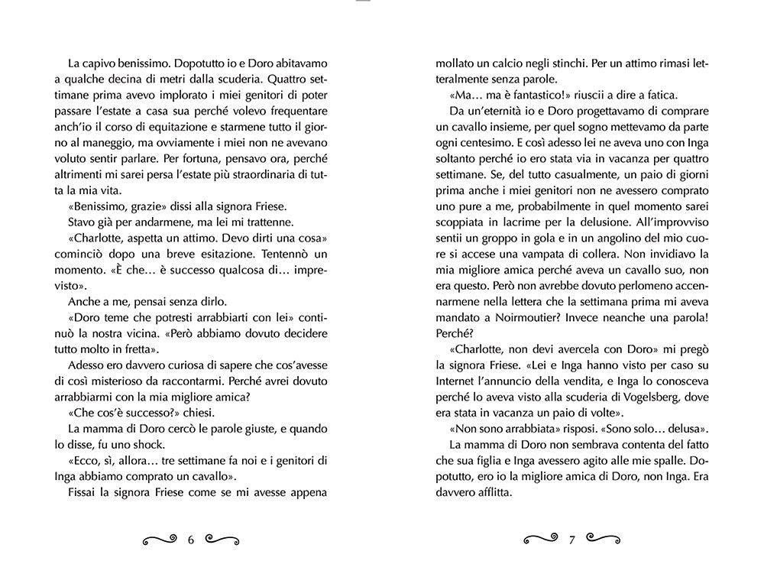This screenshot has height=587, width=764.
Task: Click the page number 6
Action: [x=191, y=540]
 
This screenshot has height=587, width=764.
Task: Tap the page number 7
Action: [x=571, y=540]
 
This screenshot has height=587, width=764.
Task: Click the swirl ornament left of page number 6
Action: [x=161, y=540]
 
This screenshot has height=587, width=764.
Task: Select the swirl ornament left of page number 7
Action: [x=542, y=540]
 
